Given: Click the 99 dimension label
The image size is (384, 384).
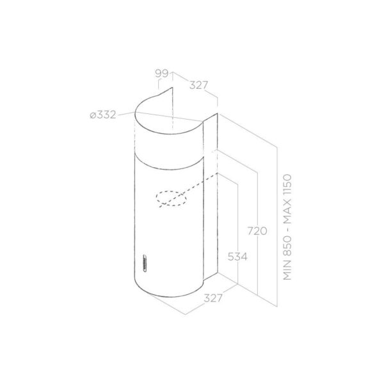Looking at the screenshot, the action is [162, 74].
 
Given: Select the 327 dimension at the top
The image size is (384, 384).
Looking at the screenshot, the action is [198, 85].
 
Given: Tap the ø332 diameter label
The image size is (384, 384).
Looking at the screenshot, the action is [103, 115].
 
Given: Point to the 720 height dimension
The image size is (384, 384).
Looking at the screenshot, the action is [257, 231].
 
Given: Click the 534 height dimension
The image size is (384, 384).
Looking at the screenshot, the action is [237, 257].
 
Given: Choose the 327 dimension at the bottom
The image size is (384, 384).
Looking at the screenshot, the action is [213, 298].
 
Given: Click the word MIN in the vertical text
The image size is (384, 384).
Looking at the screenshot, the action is [287, 271].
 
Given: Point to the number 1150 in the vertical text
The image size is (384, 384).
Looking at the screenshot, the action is [287, 186].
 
